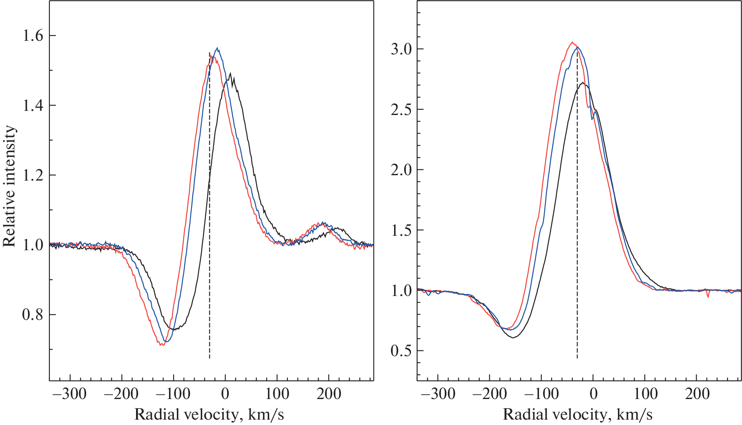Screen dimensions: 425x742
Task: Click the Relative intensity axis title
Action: [x=9, y=186]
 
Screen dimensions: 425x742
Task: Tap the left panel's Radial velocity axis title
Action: [x=209, y=414]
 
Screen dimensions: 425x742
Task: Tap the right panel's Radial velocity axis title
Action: [x=578, y=414]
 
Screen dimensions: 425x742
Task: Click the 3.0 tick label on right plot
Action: [x=401, y=49]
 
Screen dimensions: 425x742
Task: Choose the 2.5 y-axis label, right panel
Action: [x=401, y=110]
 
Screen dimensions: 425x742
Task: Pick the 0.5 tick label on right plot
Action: [x=401, y=351]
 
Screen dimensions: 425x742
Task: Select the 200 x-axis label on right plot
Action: [x=697, y=394]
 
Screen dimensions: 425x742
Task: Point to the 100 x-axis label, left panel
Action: [x=277, y=394]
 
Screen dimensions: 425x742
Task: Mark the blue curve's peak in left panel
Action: [x=218, y=48]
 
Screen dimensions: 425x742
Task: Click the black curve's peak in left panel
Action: [x=230, y=74]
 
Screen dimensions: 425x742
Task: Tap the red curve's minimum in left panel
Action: [x=162, y=345]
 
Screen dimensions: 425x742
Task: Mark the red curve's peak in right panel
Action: [x=572, y=42]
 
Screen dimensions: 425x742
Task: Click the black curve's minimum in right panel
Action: [x=513, y=338]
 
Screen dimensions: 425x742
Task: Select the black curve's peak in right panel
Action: [x=582, y=82]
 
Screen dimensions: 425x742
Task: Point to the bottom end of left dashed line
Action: [x=209, y=358]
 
